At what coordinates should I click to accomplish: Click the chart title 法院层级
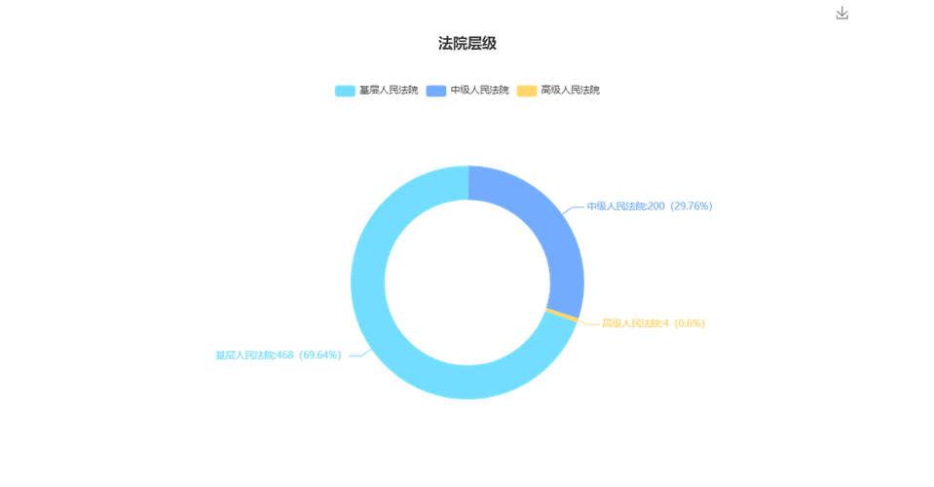tap(467, 44)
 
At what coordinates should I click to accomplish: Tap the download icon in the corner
tap(841, 13)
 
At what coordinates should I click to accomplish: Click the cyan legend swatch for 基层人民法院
tap(345, 91)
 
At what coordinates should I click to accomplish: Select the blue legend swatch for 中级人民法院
tap(436, 91)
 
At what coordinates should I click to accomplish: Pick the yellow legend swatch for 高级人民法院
tap(527, 91)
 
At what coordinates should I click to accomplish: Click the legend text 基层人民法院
tap(389, 90)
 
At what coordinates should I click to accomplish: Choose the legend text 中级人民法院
tap(479, 90)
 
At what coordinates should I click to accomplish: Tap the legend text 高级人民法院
tap(570, 90)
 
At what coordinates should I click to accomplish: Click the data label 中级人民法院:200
tap(625, 206)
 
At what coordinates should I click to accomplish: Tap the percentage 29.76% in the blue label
tap(691, 206)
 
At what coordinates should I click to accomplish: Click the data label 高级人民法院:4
tap(635, 323)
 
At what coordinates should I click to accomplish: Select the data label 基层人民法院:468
tap(254, 356)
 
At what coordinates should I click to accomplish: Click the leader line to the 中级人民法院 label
tap(572, 208)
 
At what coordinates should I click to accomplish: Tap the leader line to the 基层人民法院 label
tap(360, 354)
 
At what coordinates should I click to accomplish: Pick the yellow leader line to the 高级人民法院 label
tap(588, 323)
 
